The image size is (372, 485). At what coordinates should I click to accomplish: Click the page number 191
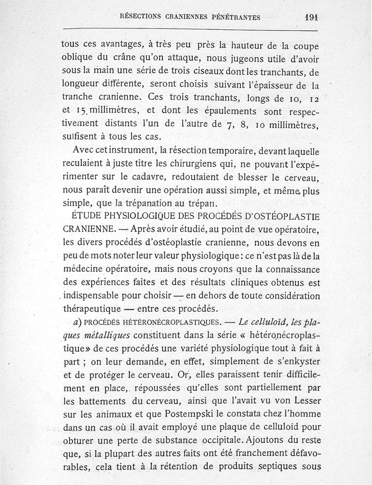point(311,17)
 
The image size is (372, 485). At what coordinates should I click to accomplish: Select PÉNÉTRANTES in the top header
point(236,17)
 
